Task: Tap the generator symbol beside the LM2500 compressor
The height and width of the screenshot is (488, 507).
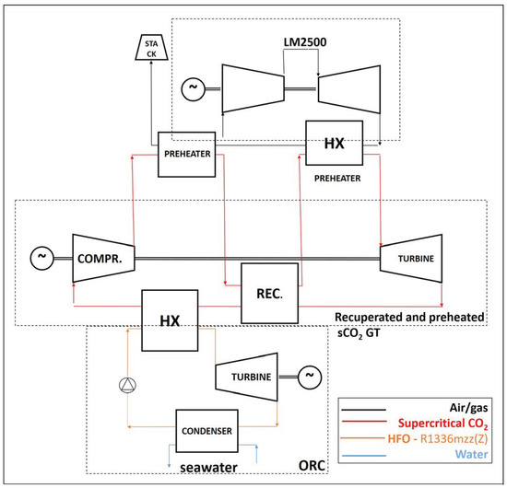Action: [x=194, y=88]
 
